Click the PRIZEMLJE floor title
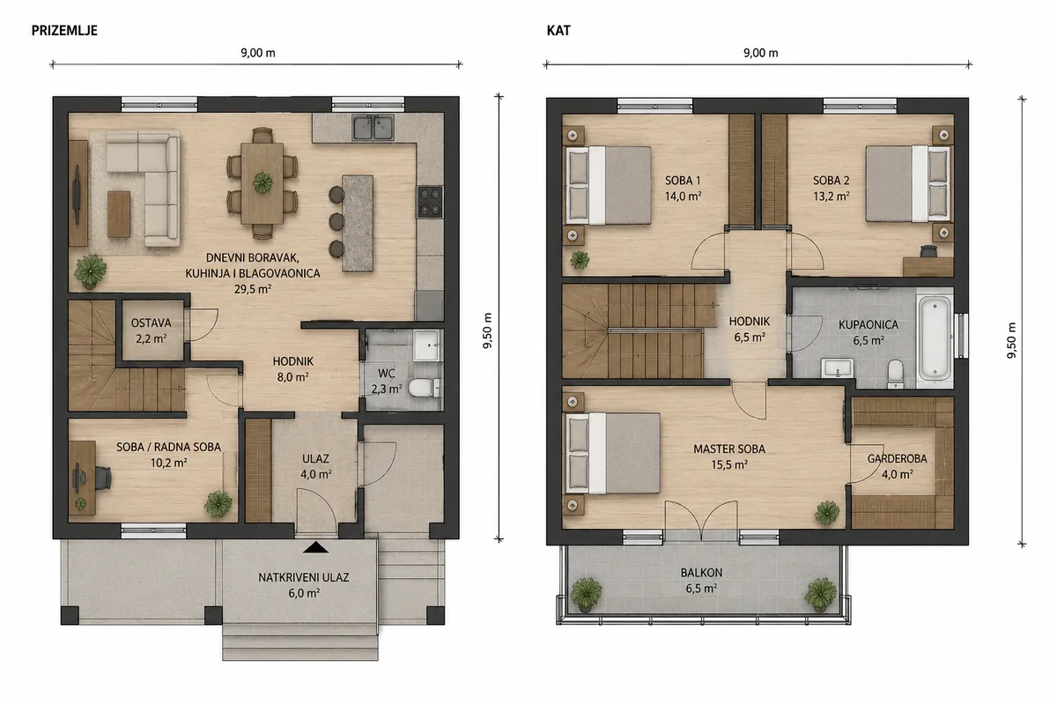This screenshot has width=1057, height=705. tap(64, 31)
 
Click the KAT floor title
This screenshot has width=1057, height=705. tap(558, 31)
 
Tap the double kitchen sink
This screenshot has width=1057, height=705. tap(373, 127)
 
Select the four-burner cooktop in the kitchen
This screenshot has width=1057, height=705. tap(430, 202)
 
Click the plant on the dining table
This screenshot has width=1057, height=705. tap(262, 182)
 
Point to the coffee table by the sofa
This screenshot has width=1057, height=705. tap(118, 213)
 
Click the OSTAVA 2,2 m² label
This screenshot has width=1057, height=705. tap(151, 330)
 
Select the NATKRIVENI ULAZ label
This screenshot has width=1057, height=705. tap(303, 577)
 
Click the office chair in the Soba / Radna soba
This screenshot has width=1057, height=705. tap(103, 477)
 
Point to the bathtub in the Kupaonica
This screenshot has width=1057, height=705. tap(935, 338)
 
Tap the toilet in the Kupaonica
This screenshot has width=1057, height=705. tap(895, 373)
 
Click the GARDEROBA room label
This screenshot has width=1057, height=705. tap(897, 458)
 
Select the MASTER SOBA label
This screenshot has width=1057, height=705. tap(729, 449)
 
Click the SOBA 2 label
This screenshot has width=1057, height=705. tap(831, 181)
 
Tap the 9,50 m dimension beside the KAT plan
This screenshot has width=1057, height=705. tap(1011, 340)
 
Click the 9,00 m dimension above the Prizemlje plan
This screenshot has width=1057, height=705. tap(258, 53)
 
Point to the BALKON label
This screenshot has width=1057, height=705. tap(701, 573)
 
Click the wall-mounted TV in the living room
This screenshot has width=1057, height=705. tap(77, 194)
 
